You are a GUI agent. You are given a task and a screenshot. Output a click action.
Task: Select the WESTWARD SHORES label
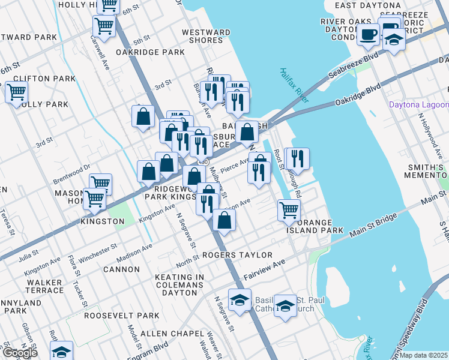(206, 36)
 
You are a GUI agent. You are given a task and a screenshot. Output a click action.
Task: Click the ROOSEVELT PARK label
(122, 315)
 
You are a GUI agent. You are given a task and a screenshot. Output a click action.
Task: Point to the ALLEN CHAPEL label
(166, 333)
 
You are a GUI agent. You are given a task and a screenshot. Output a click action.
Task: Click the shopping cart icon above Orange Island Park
(289, 210)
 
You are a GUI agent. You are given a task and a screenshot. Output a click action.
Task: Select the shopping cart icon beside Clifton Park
(16, 92)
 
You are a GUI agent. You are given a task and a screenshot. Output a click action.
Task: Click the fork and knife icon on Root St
(298, 158)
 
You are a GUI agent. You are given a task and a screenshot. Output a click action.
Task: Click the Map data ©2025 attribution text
(424, 355)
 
